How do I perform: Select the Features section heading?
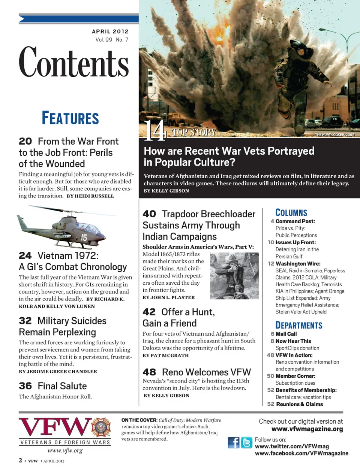coord(70,118)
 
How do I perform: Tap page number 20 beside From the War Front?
coord(25,141)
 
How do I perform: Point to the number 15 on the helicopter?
coord(84,237)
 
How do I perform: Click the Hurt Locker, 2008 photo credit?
coord(334,134)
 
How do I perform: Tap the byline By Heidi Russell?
coord(90,196)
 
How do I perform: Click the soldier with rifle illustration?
coord(234,276)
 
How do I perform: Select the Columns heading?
coord(291,213)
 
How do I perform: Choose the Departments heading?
coord(298,325)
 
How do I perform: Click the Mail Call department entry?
coord(286,334)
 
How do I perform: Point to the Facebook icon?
coord(233,442)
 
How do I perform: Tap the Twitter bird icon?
coord(246,442)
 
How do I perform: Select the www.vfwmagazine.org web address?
coord(307,429)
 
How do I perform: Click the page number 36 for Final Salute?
coord(25,386)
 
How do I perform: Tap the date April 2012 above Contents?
coord(110,31)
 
